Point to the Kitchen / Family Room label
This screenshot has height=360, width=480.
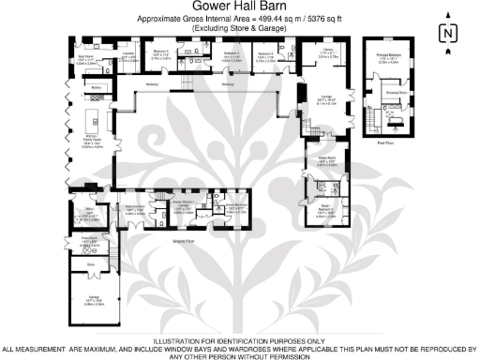pos(91,143)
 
